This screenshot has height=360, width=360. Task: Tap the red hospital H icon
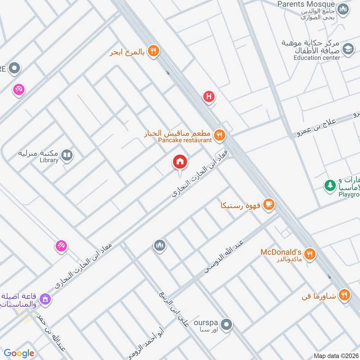[208, 96]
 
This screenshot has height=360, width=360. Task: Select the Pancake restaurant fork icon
[220, 134]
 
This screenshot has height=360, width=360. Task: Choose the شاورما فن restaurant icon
[344, 295]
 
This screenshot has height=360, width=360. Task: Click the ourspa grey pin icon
[227, 324]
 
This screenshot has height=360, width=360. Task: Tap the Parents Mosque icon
[343, 9]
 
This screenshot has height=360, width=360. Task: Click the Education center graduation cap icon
[347, 49]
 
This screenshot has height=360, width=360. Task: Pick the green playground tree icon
[330, 184]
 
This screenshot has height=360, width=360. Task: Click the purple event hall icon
[45, 299]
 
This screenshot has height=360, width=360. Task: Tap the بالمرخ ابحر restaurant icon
[153, 52]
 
